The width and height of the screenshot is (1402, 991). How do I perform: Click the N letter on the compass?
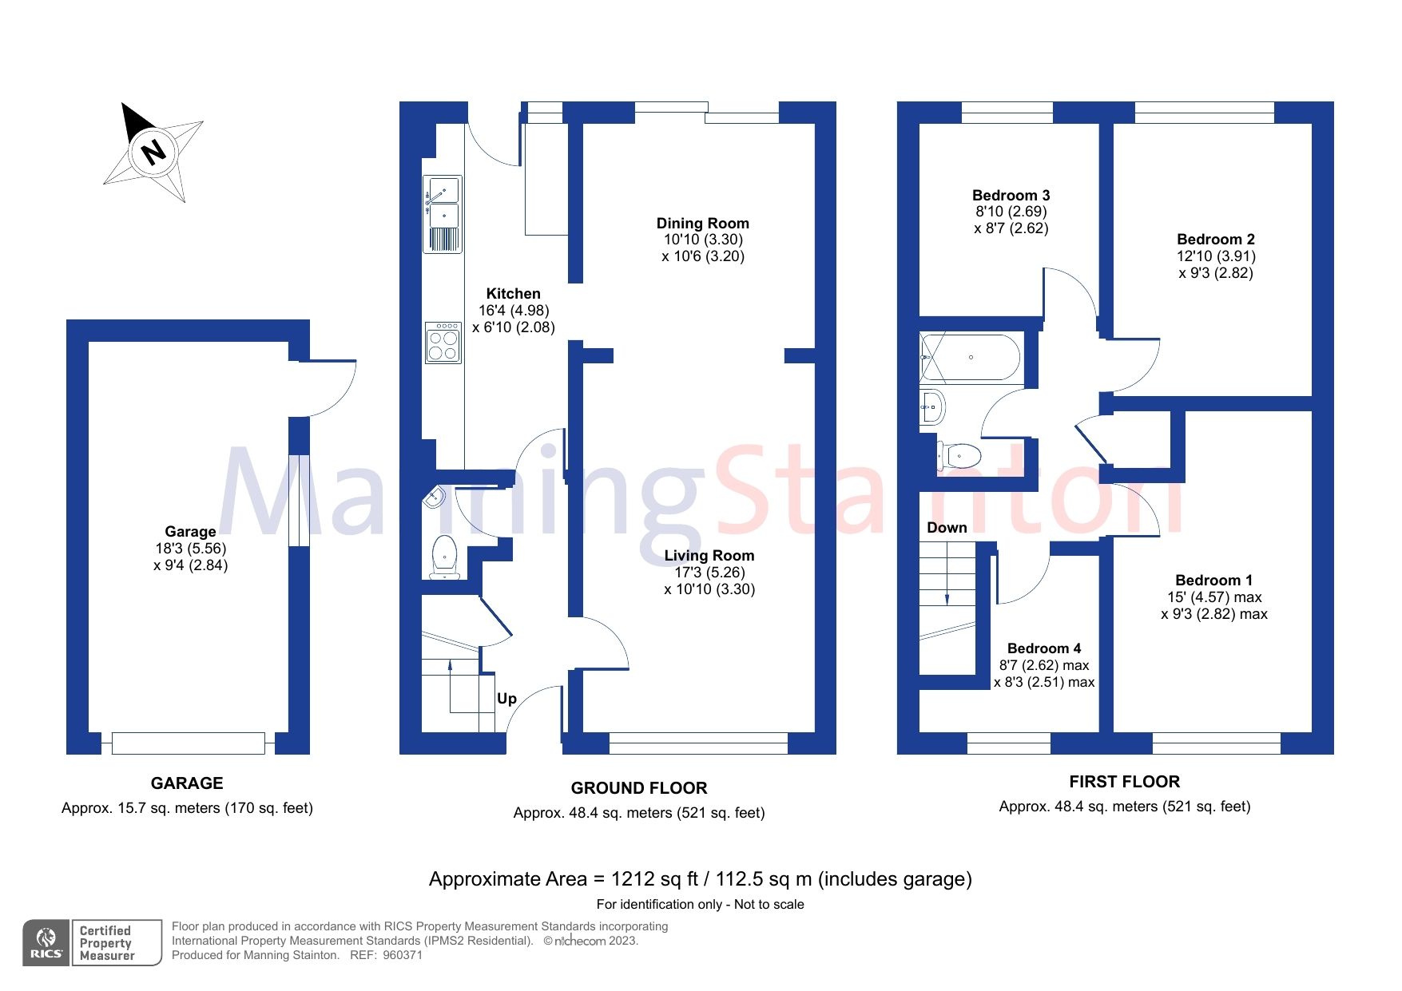(153, 150)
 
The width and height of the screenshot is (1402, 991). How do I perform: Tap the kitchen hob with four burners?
(443, 343)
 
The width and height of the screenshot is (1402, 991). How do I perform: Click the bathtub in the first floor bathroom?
(971, 357)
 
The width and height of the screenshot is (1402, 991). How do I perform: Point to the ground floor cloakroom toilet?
(444, 555)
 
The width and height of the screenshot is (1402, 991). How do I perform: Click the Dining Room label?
(702, 223)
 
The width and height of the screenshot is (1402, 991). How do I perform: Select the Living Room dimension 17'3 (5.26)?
(709, 572)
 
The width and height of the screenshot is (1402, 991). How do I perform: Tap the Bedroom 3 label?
(1011, 195)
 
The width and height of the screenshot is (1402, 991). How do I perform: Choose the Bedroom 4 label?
(1043, 648)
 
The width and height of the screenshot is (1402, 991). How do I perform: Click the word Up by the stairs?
(506, 698)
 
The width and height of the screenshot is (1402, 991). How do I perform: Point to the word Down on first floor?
(947, 527)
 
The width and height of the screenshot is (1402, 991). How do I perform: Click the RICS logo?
(46, 943)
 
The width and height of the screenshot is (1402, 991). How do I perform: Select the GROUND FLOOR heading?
(638, 787)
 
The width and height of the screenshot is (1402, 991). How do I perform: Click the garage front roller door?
(188, 743)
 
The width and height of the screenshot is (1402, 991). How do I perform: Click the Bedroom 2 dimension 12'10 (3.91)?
(1215, 256)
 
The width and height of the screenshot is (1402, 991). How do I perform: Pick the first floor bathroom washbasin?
(931, 406)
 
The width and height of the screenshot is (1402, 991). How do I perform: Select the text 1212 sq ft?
(655, 878)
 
